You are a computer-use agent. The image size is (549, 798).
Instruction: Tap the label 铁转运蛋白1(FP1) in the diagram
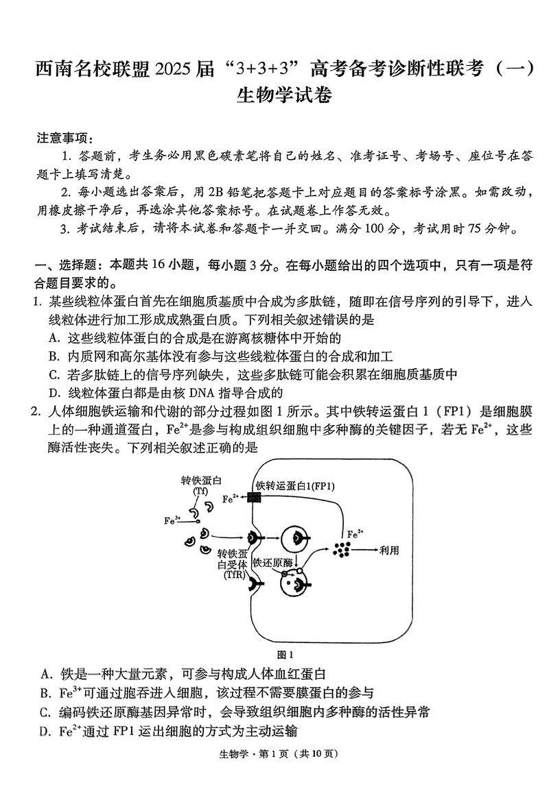coord(295,486)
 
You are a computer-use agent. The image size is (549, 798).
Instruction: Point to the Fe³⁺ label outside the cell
coord(172,520)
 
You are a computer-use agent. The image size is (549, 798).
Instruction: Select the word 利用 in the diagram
coord(388,550)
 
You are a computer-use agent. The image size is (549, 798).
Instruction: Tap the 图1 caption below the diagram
coord(283,654)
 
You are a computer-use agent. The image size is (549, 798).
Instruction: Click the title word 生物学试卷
coord(283,96)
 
